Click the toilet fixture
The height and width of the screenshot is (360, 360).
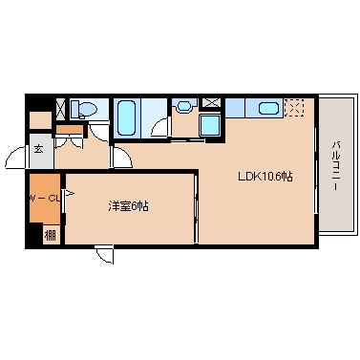click(83, 109)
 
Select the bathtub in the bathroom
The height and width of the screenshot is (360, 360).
click(126, 117)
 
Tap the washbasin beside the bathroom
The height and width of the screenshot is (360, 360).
click(183, 105)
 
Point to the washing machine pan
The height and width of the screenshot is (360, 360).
click(210, 125)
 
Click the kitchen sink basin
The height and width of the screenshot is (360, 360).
click(268, 108)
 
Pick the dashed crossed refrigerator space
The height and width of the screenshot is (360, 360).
click(294, 108)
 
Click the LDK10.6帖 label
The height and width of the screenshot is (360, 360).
click(265, 176)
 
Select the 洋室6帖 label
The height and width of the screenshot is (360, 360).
click(128, 206)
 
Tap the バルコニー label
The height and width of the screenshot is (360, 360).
click(336, 166)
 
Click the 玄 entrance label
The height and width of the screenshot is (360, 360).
click(39, 149)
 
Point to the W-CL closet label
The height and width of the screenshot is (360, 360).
click(45, 199)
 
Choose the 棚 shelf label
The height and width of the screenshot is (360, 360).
click(50, 236)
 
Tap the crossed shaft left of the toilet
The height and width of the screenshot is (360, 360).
click(60, 109)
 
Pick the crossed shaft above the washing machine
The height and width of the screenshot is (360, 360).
click(211, 103)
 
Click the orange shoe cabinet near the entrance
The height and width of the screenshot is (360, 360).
click(69, 129)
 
